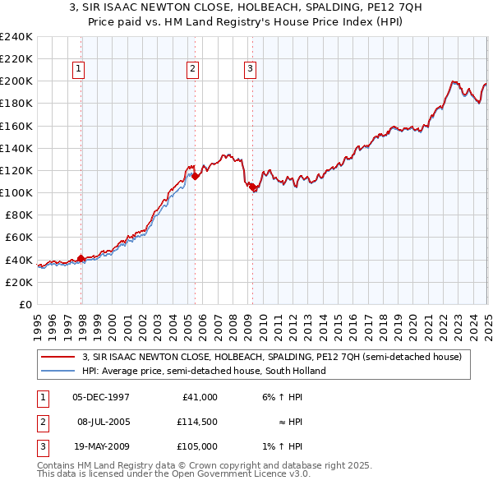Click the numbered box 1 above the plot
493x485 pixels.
[x=79, y=70]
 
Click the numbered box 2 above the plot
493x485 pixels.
[x=192, y=70]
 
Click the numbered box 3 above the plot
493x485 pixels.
[x=249, y=70]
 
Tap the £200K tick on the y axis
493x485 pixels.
[x=16, y=81]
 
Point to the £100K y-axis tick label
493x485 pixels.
[x=16, y=192]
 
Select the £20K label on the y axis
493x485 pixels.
[x=20, y=282]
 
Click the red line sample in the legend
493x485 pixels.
[x=58, y=357]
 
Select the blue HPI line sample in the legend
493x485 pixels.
[x=58, y=371]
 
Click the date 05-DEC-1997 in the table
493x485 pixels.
[x=101, y=397]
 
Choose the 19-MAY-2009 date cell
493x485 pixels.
[x=101, y=446]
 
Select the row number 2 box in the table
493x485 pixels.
[x=42, y=422]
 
